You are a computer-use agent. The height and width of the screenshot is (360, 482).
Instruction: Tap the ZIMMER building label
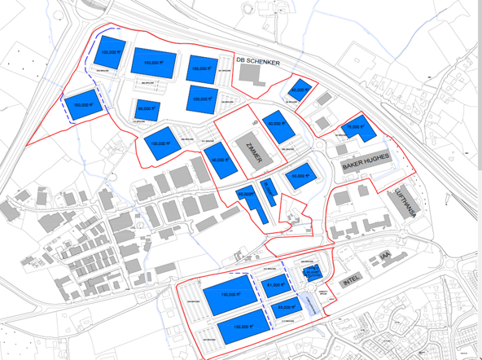248,151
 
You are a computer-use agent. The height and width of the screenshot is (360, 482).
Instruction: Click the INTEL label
350,282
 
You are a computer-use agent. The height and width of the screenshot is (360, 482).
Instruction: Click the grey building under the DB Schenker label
253,76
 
